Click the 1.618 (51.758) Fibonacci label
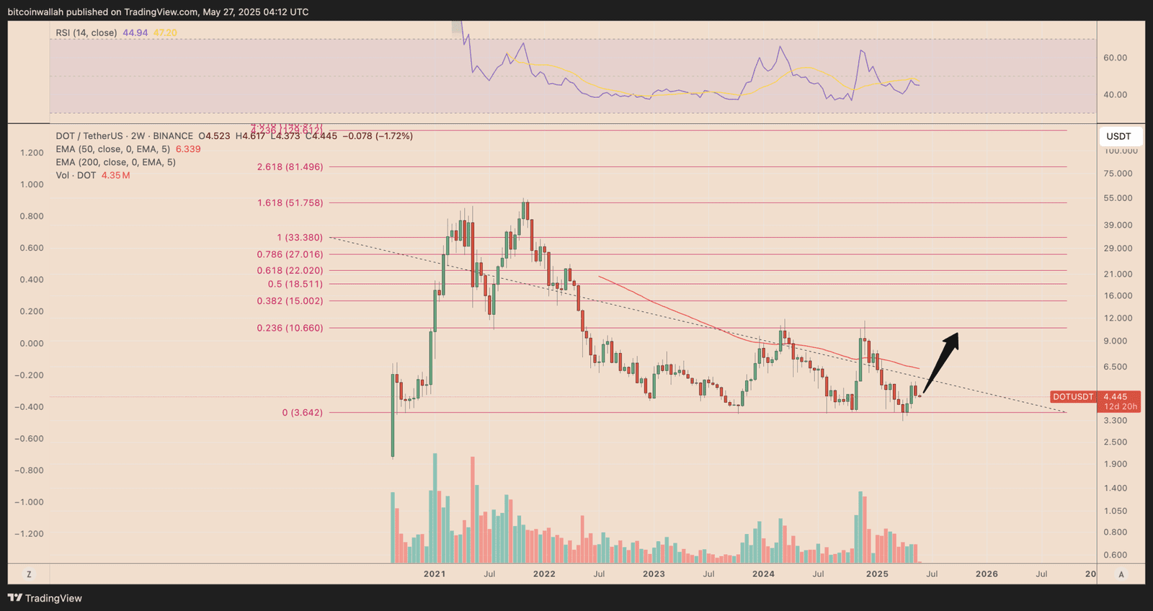coord(290,203)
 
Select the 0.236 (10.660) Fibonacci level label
coord(290,328)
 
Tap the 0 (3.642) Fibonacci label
coord(302,413)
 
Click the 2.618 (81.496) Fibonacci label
coord(290,167)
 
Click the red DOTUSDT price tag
coord(1073,397)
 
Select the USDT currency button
coord(1118,136)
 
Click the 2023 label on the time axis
coord(654,574)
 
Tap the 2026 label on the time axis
coord(987,574)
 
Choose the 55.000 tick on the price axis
coord(1118,198)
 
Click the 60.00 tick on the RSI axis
coord(1115,58)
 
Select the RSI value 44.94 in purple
coord(135,32)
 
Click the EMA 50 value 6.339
coord(188,149)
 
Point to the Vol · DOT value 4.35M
coord(115,176)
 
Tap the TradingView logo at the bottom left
coord(45,598)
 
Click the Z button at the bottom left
coord(29,574)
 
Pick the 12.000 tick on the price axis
coord(1118,318)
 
